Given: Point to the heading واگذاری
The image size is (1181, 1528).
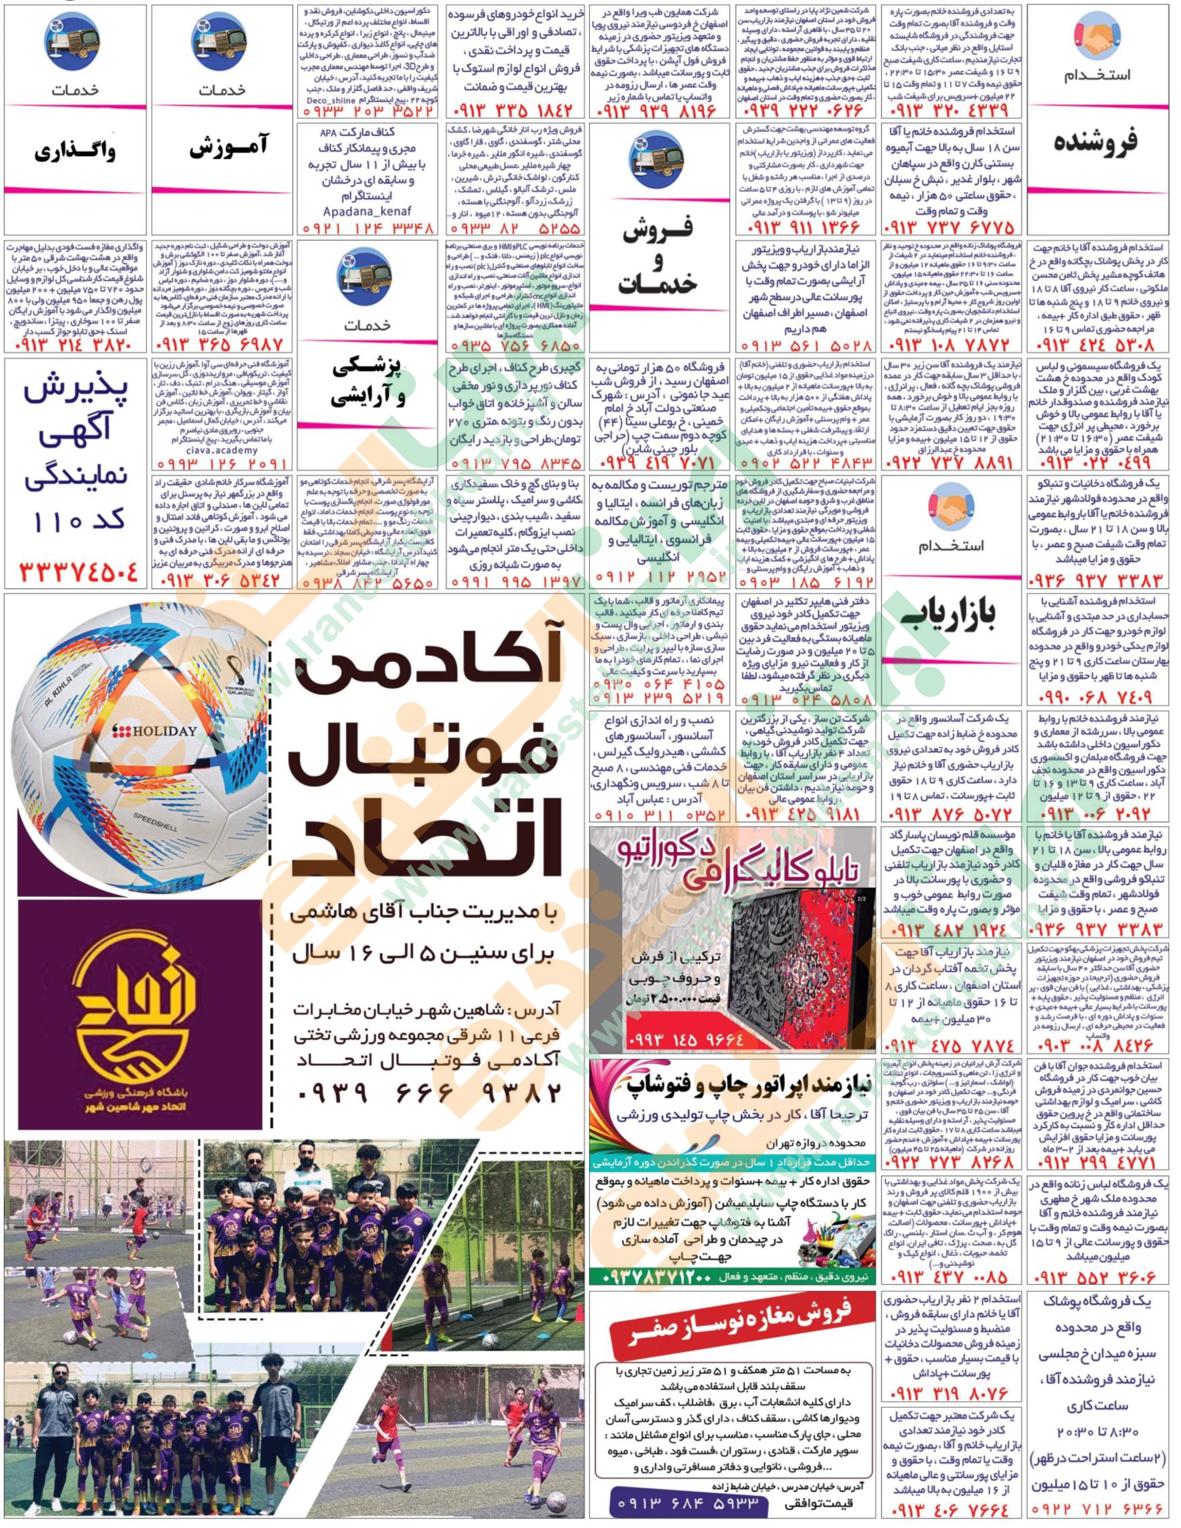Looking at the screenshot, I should (x=75, y=150).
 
